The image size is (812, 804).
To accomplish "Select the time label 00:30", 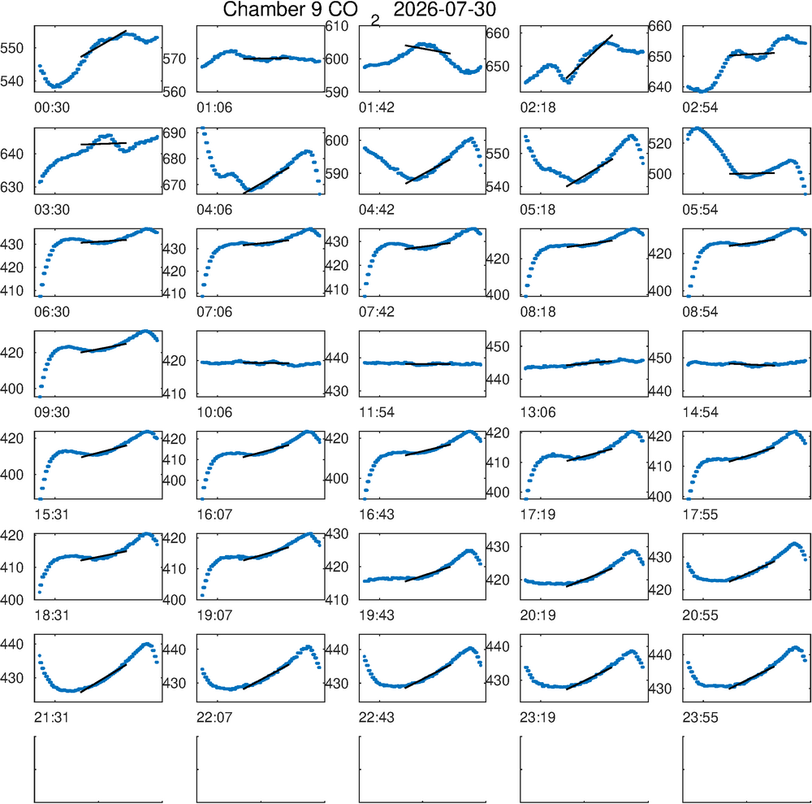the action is click(52, 108).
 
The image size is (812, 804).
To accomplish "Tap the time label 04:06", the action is click(214, 210).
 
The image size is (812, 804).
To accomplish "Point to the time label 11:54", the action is click(377, 413).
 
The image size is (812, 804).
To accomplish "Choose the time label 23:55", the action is click(700, 718).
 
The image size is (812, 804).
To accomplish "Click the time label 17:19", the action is click(538, 515).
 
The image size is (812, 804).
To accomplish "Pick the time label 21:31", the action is click(52, 718).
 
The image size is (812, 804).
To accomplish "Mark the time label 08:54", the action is click(700, 312).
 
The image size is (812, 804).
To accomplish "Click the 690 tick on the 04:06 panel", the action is click(174, 133).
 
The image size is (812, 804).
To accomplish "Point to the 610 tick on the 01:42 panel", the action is click(337, 26).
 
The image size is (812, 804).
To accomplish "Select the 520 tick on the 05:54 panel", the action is click(660, 144).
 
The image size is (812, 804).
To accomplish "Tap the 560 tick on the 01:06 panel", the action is click(174, 92).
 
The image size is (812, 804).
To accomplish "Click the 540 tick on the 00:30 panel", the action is click(12, 80).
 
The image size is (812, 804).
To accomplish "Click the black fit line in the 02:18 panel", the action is click(590, 57).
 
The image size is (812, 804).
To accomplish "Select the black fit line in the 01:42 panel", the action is click(428, 50).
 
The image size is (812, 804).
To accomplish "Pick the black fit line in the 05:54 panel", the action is click(752, 173).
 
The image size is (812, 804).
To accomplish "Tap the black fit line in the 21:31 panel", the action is click(104, 678).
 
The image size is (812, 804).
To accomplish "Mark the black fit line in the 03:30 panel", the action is click(104, 144).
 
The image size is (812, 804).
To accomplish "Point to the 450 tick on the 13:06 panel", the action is click(498, 346).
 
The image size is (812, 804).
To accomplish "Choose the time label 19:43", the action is click(377, 616).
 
